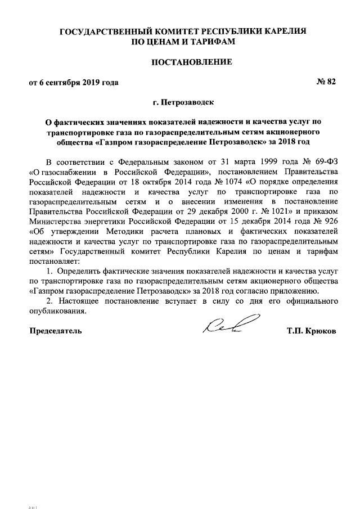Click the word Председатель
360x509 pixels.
coord(56,331)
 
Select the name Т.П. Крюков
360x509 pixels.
coord(311,331)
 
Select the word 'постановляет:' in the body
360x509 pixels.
coord(55,261)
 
